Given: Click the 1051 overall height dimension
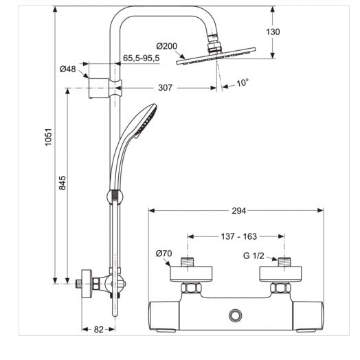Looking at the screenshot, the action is (x=49, y=137).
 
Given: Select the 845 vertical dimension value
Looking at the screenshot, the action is (x=63, y=183).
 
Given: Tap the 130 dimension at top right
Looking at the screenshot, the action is (x=273, y=32).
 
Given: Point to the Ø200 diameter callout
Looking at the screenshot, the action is (x=167, y=46).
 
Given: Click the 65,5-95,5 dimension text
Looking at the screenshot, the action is (x=142, y=58).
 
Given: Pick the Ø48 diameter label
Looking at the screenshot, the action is (x=68, y=69).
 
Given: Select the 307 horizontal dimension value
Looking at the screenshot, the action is (x=165, y=88).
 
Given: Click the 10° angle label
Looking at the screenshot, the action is (x=243, y=83).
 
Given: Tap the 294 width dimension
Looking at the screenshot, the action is (x=239, y=211).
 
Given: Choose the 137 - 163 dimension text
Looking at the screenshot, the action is (x=239, y=236).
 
